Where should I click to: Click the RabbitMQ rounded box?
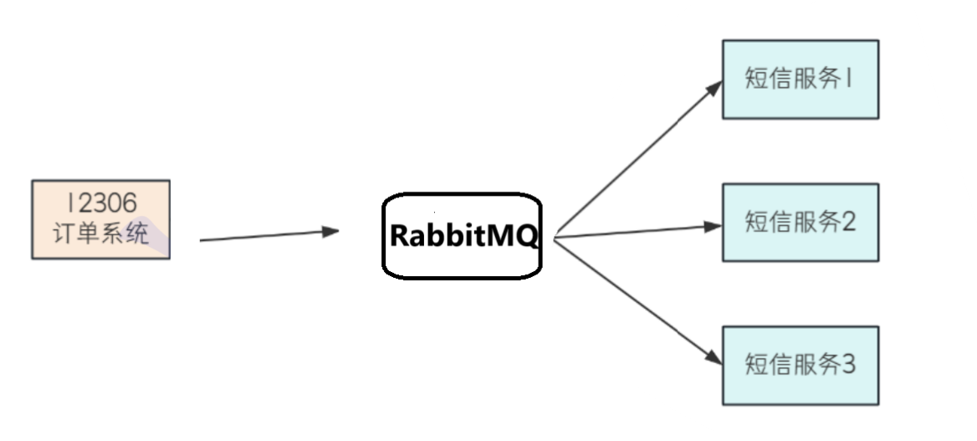point(462,236)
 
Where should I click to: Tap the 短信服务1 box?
point(800,79)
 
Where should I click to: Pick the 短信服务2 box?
point(800,223)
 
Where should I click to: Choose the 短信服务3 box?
point(800,366)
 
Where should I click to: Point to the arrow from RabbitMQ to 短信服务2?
point(636,231)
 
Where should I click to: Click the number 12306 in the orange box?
point(101,203)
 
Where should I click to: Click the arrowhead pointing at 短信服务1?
point(713,87)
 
